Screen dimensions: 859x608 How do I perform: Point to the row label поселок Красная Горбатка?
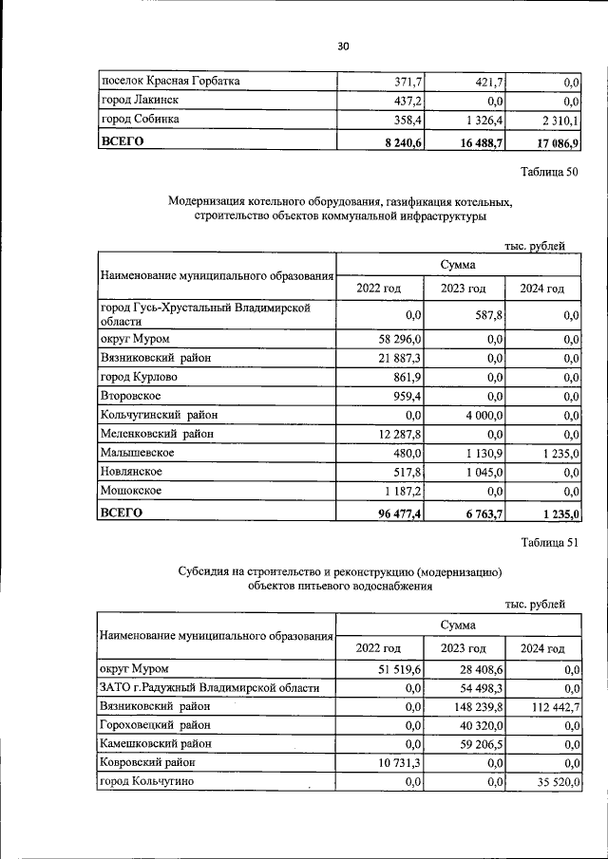pyautogui.click(x=170, y=82)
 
